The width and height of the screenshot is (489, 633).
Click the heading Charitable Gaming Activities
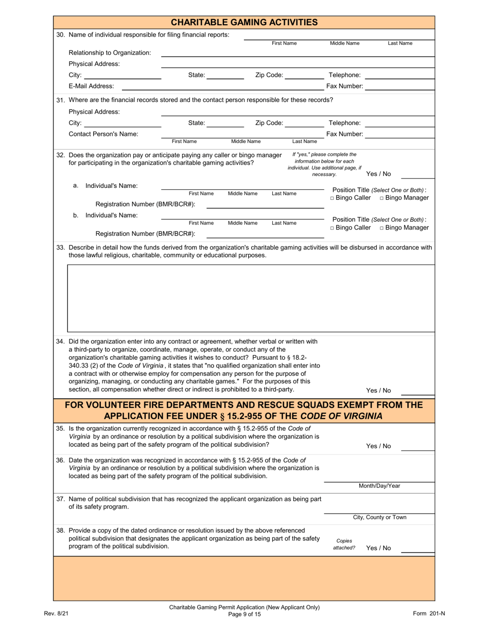(x=244, y=22)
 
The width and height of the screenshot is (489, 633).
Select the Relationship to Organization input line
(x=298, y=52)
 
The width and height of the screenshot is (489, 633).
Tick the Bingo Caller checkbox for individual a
(x=333, y=198)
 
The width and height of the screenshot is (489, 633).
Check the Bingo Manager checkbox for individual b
(x=382, y=228)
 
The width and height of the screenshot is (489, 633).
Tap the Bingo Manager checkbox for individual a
(x=382, y=198)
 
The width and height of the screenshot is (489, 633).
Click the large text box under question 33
(x=251, y=298)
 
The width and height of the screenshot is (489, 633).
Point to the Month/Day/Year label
(x=379, y=486)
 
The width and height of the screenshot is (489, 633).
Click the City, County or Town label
(x=379, y=517)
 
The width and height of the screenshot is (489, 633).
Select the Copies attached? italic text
(x=344, y=544)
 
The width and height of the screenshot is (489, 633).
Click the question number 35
(x=60, y=428)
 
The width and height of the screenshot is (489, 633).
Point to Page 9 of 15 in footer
(x=244, y=614)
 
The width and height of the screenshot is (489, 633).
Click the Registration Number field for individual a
(x=265, y=205)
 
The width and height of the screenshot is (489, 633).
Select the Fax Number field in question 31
(x=400, y=134)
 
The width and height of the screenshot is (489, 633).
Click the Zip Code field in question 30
(x=304, y=75)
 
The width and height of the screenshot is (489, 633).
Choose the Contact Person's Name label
(x=103, y=134)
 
